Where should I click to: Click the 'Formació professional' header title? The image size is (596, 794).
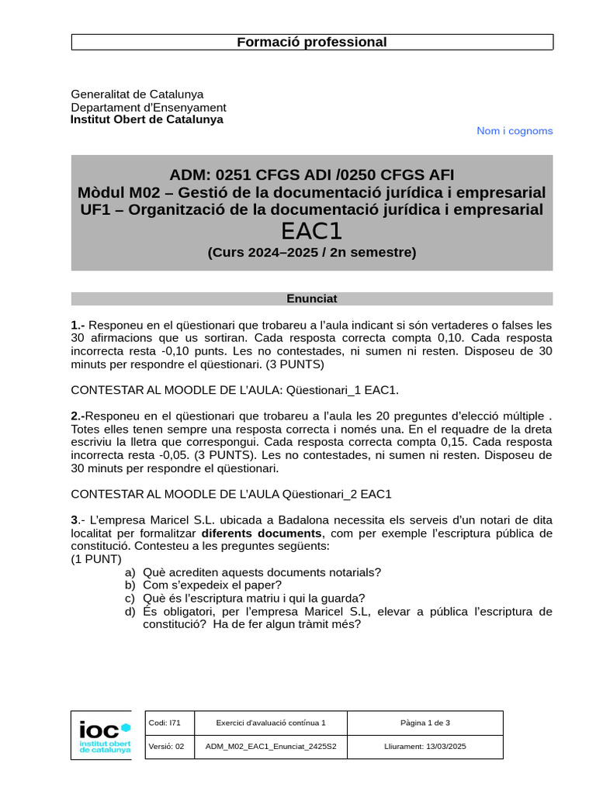311,42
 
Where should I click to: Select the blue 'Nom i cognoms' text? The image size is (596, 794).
515,131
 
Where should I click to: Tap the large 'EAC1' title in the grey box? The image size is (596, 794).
311,232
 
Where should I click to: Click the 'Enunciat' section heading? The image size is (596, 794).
311,299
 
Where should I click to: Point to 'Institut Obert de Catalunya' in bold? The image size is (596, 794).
147,119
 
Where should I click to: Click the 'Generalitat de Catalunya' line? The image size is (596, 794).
137,94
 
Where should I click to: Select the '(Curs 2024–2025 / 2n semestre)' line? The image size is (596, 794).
311,252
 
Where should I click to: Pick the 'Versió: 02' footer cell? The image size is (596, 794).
166,747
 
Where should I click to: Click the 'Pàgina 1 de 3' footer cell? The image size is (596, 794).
424,723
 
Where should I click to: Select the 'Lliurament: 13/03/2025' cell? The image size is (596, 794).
424,747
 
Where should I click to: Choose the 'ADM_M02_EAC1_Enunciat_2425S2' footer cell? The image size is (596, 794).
265,747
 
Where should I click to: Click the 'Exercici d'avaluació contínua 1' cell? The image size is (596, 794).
270,723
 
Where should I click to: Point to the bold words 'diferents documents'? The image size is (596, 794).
261,533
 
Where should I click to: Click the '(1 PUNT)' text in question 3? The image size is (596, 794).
96,559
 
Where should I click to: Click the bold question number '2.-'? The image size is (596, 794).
78,416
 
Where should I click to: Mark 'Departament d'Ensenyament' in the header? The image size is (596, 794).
148,107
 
